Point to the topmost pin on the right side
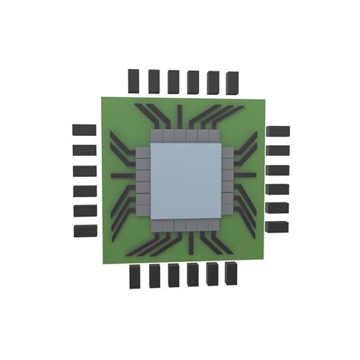(278, 133)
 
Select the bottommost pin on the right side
(276, 226)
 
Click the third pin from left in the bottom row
(175, 276)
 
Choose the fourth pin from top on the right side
(277, 189)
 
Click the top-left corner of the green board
(95, 96)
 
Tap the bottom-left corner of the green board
(103, 264)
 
